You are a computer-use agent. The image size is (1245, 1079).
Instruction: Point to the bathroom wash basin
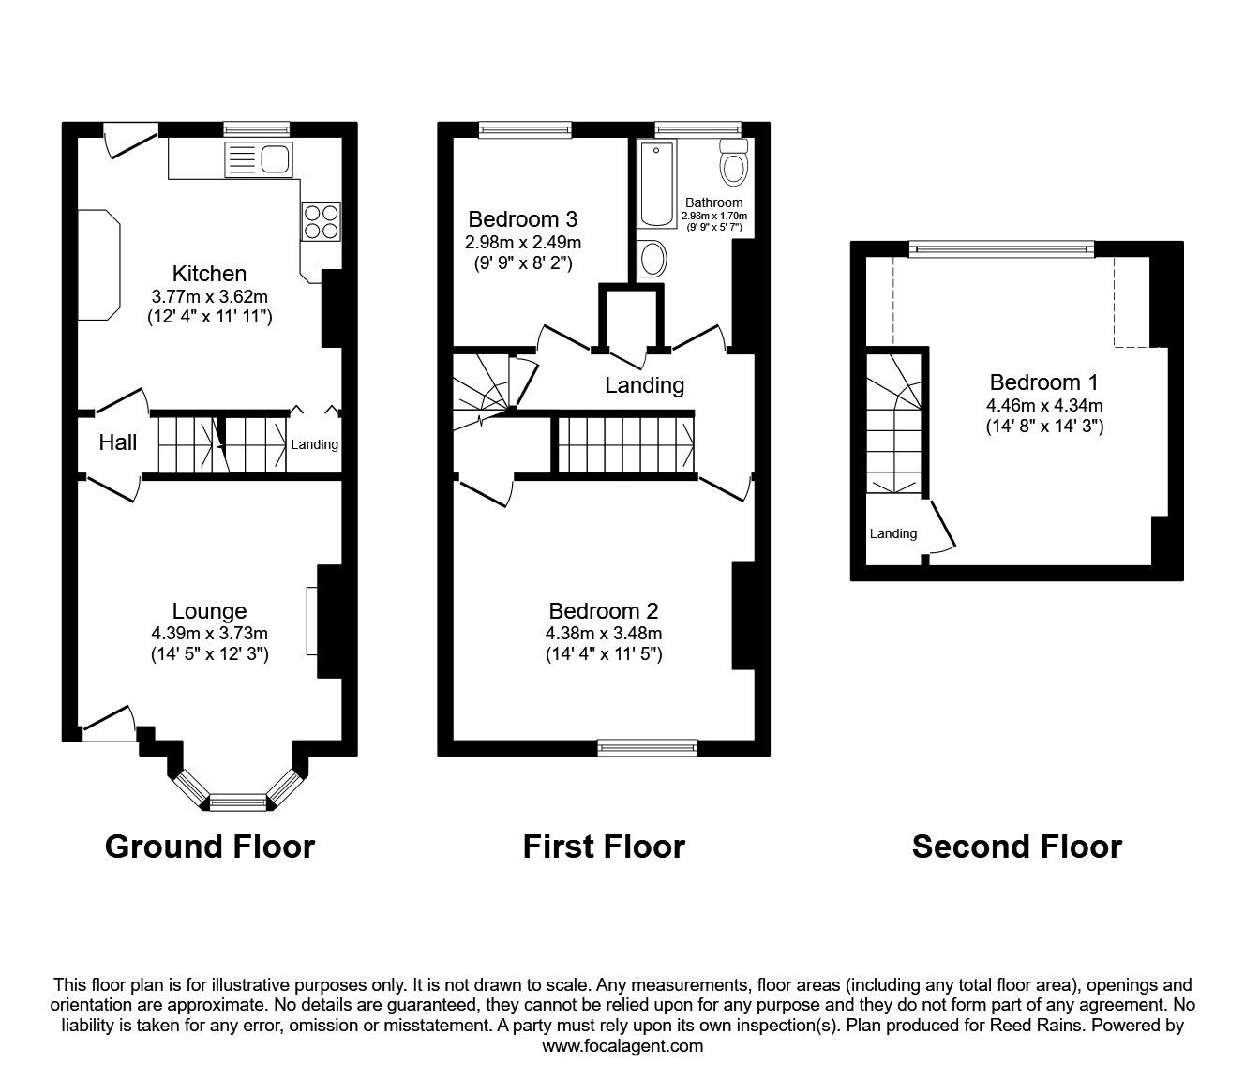pos(652,258)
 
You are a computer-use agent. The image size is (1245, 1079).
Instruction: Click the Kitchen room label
pos(209,274)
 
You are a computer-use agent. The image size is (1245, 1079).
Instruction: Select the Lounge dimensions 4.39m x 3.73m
pos(210,633)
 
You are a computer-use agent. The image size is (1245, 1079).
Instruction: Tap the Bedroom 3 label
pos(522,219)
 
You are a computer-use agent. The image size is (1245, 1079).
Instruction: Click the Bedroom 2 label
pos(604,611)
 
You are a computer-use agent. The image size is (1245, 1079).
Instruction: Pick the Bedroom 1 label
pos(1043,382)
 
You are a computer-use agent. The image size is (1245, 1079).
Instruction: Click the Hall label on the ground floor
pos(118,442)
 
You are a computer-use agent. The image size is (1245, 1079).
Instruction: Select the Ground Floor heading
pos(210,847)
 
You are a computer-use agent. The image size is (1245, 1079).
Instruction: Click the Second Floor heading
pos(1016,847)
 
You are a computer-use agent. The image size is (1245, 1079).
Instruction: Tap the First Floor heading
pos(604,847)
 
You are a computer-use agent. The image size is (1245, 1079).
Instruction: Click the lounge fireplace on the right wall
pos(312,621)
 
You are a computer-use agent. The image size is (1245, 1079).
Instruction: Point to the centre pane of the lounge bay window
pos(237,802)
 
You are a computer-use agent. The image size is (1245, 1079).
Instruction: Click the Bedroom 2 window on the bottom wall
pos(648,747)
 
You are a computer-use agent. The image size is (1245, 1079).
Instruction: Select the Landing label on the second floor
pos(892,533)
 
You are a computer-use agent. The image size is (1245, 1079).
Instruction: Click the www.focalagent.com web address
pos(622,1046)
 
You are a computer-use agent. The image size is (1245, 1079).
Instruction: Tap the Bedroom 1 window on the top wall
pos(1001,248)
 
